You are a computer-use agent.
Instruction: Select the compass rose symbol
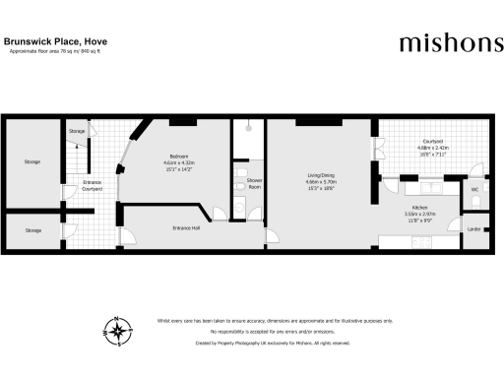tap(117, 330)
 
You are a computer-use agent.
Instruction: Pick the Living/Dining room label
tap(321, 177)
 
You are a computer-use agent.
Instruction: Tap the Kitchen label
tap(412, 209)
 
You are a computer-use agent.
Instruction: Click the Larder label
tap(473, 228)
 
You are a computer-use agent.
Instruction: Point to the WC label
tap(473, 188)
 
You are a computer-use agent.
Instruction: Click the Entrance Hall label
tap(186, 228)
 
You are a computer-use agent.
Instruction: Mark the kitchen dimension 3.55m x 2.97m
tap(412, 215)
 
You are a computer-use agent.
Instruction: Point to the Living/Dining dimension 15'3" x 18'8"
tap(321, 188)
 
